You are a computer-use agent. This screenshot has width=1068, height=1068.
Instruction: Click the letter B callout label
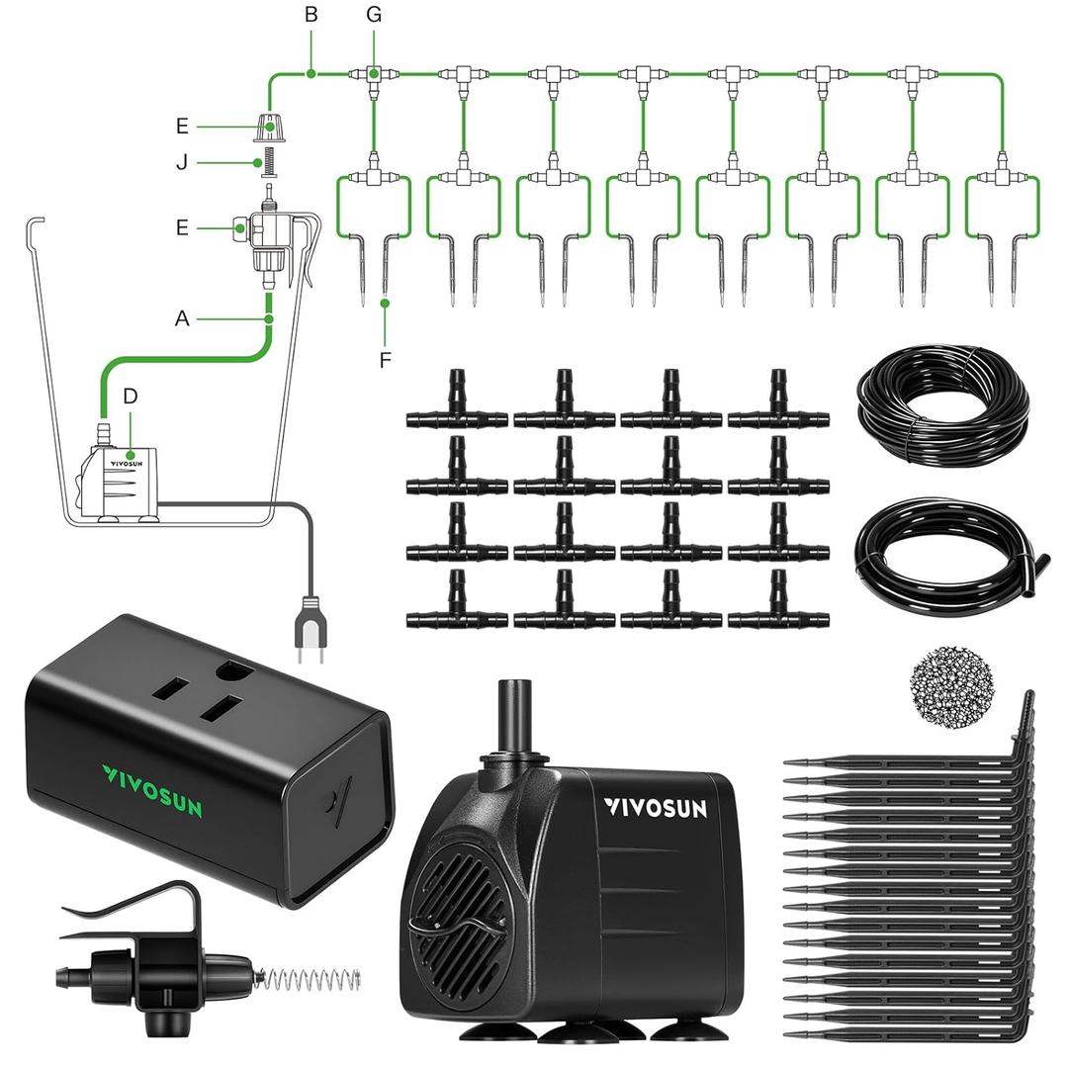(x=311, y=16)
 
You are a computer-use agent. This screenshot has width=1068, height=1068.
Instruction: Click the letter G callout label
(x=373, y=16)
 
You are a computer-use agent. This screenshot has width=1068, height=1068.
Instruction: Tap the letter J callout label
(x=182, y=162)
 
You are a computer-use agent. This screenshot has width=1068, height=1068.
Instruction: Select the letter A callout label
(x=181, y=318)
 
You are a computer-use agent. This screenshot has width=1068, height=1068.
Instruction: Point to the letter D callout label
(x=131, y=396)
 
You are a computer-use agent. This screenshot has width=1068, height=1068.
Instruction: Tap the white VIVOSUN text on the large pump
(x=655, y=808)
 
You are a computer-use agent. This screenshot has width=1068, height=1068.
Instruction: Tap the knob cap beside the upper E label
(x=266, y=127)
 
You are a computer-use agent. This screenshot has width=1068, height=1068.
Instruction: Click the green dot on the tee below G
(x=374, y=73)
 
